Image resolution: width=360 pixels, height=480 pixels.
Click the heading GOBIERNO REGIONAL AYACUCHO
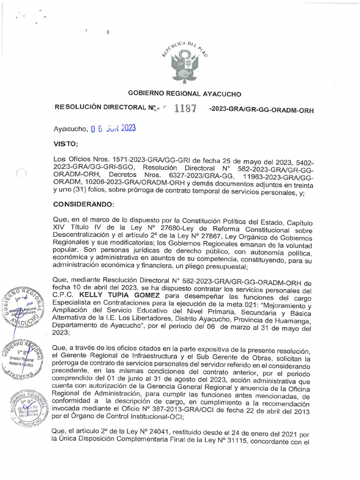pyautogui.click(x=185, y=94)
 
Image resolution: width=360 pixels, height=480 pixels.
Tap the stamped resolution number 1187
pyautogui.click(x=185, y=108)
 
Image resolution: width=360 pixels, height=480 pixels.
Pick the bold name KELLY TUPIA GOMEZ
pyautogui.click(x=120, y=295)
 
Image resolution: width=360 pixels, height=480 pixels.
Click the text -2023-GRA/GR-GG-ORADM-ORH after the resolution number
pyautogui.click(x=261, y=110)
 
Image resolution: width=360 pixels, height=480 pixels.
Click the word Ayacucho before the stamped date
pyautogui.click(x=70, y=129)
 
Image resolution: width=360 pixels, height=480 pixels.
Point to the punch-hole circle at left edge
pyautogui.click(x=21, y=173)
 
